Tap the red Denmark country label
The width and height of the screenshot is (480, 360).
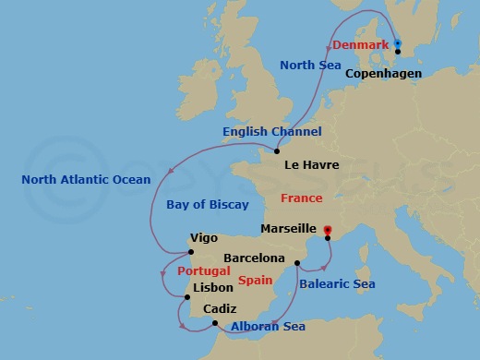point(359,45)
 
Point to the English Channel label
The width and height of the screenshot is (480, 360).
point(272,132)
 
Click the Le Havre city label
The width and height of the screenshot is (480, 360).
point(312,165)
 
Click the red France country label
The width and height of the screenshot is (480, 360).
point(302,198)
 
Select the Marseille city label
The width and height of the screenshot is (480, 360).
point(288,228)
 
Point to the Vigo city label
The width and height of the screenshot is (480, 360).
point(203,237)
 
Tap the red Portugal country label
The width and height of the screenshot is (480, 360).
point(202,271)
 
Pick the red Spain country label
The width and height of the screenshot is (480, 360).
point(256,279)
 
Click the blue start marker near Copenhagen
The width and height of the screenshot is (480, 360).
point(397,42)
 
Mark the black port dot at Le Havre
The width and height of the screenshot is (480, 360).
point(277,151)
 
